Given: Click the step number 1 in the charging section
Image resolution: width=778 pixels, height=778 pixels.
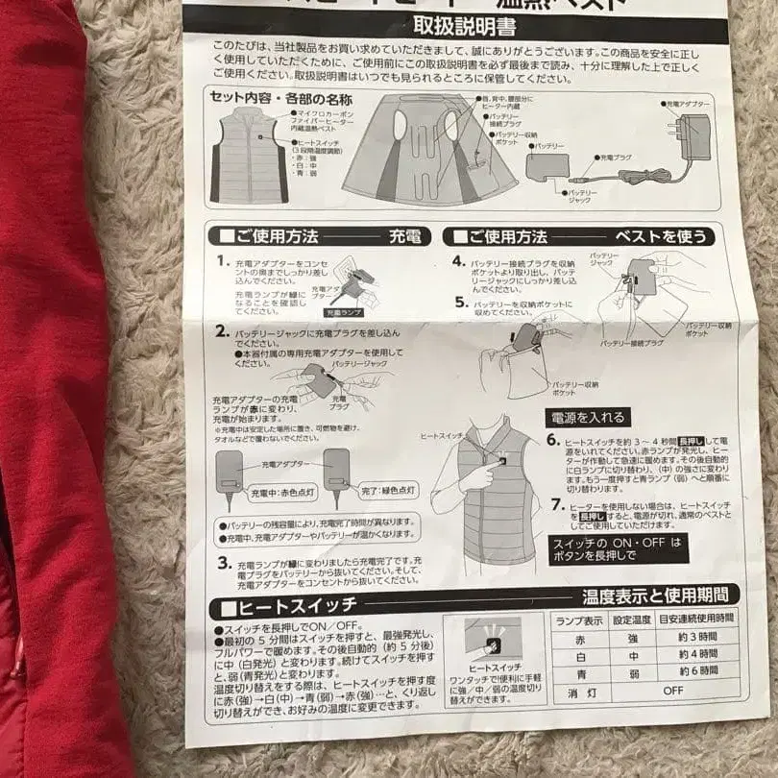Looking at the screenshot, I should (222, 260).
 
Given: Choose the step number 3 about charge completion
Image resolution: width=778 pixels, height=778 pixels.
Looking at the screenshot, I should (223, 562).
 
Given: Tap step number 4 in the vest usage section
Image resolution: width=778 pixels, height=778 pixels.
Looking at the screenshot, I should (458, 260).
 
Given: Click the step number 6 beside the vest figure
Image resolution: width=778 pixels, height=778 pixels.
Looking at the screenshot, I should (552, 440).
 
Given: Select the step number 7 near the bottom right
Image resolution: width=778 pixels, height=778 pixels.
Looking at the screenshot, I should (557, 505).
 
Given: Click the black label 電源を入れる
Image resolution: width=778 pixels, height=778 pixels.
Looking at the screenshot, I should (588, 418).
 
